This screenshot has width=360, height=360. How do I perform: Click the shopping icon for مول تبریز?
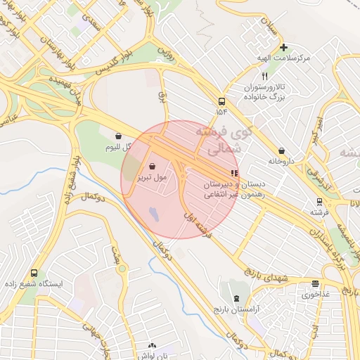point(153,167)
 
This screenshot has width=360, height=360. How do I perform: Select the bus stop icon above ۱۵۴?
point(222,101)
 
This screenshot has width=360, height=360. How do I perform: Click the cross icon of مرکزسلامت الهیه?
point(283,48)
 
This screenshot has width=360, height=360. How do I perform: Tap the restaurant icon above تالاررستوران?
point(264,76)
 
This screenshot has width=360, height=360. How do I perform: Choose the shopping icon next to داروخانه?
point(282,150)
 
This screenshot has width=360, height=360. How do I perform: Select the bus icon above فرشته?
point(319,200)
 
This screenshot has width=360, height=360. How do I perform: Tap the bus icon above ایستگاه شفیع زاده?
point(34,273)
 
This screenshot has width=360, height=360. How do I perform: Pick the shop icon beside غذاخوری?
point(315,284)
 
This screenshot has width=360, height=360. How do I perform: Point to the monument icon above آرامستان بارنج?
point(236,299)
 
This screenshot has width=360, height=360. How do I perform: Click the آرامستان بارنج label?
point(236,309)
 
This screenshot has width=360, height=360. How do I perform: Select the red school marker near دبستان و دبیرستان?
point(234,172)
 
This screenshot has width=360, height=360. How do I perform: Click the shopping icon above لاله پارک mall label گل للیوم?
point(117,135)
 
